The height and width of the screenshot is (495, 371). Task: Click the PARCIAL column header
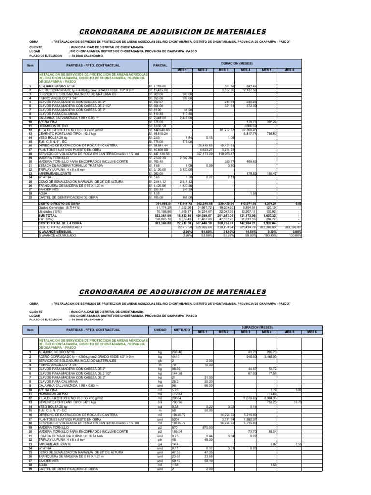coord(160,65)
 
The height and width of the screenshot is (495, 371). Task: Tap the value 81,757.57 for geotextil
coord(226,130)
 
